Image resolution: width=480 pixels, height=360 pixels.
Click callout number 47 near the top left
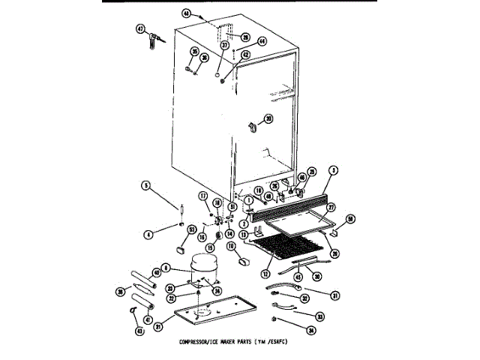139,30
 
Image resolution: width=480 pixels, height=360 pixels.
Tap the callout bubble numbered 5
148,185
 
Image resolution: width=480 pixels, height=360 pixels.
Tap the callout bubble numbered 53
193,229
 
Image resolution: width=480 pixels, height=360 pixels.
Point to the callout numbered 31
335,294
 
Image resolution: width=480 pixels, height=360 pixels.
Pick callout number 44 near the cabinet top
262,41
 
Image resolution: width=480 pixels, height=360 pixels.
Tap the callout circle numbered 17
202,196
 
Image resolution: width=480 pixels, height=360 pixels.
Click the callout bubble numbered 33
319,316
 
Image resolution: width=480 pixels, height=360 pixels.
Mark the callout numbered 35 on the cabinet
194,52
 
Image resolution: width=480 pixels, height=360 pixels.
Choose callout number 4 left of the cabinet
148,235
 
